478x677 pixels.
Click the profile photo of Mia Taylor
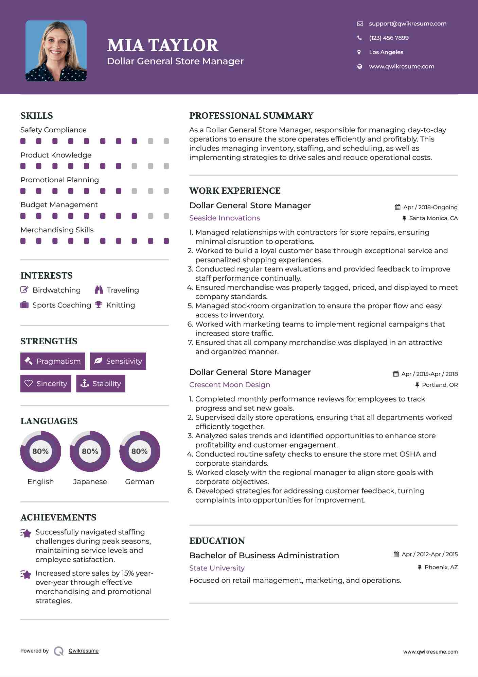pos(56,51)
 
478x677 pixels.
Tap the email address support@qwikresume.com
pos(407,23)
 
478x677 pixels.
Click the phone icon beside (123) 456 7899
pos(359,38)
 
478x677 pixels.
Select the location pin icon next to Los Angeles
pos(359,52)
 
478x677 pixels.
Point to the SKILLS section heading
pos(37,116)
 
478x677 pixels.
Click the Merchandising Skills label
pos(57,230)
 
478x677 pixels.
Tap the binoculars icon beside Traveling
pos(99,290)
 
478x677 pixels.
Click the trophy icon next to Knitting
pos(99,305)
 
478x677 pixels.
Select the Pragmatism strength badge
pos(53,361)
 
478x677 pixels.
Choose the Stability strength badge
pos(101,383)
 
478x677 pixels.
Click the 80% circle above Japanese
pos(90,451)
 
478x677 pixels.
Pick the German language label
pos(139,481)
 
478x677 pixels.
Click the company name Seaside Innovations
pos(225,218)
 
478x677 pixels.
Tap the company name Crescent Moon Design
pos(230,385)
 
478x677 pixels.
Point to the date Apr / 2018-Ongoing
pos(430,207)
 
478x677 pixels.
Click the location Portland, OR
pos(440,385)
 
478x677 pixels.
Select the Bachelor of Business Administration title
pos(264,556)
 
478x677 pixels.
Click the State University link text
pos(217,568)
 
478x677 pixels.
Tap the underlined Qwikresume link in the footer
pos(84,651)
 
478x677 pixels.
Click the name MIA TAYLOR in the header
pos(163,45)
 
